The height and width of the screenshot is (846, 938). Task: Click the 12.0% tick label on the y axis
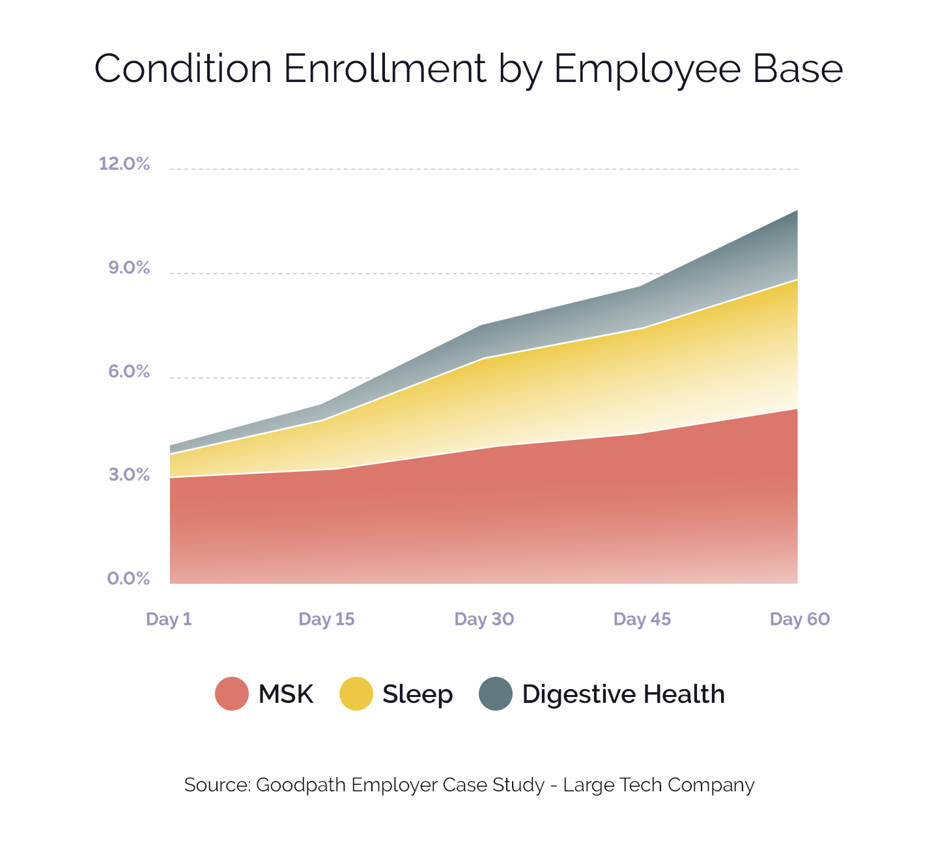point(124,163)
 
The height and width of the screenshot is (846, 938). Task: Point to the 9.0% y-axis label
point(128,267)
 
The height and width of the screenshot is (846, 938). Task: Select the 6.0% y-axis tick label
point(128,372)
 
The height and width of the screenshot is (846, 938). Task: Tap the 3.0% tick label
point(128,475)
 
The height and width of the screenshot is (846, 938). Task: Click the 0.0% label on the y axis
point(128,579)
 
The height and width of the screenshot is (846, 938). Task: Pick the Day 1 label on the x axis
point(169,619)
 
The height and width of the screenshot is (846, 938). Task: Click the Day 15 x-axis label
point(326,619)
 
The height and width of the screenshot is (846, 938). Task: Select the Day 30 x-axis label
point(484,619)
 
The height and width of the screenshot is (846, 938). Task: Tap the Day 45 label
point(642,619)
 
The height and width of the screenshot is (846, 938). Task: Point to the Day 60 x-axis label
point(799,619)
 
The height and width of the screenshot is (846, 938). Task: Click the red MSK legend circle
point(232,694)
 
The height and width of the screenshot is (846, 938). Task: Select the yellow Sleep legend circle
point(356,694)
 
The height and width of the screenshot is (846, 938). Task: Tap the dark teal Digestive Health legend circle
point(496,694)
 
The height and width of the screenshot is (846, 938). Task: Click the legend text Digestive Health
point(623,694)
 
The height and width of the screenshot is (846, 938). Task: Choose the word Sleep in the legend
point(418,694)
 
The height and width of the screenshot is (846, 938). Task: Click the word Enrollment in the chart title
point(385,68)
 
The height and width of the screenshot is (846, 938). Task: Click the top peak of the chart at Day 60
point(797,211)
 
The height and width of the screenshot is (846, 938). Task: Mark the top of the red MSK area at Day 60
point(797,409)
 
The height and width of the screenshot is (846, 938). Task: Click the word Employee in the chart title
point(646,68)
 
